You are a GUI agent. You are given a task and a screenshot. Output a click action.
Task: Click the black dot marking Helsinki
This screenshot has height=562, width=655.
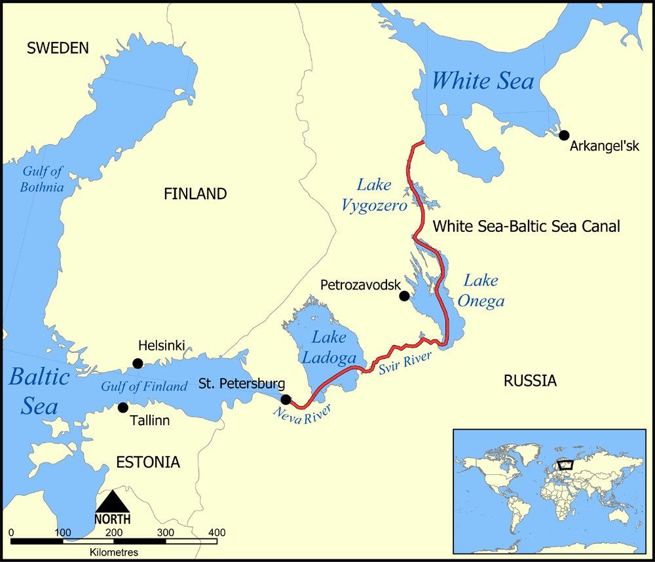pos(138,364)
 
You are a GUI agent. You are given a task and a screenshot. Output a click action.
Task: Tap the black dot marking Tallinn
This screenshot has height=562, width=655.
pos(122,407)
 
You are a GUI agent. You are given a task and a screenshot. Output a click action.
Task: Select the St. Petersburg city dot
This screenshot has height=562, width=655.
pos(286,400)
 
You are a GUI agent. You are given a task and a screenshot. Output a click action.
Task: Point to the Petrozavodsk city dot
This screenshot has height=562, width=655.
pos(404,296)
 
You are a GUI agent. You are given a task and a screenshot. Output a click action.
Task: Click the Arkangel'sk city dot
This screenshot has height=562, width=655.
pos(564,135)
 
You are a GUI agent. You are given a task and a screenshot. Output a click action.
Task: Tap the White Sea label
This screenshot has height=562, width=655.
pos(483,81)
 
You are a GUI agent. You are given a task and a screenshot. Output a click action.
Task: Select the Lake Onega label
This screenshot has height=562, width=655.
pos(484,291)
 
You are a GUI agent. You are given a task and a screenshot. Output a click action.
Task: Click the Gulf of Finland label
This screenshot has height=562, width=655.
pos(144,386)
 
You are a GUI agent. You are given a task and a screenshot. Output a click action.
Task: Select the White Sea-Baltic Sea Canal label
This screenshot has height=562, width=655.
pos(527,227)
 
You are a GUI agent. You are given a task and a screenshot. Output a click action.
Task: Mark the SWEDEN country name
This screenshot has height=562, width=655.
pos(57,48)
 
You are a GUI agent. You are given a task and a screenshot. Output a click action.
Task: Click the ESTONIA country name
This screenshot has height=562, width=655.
pos(147,462)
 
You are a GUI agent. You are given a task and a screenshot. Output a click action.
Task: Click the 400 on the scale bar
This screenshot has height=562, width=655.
pos(217,532)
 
